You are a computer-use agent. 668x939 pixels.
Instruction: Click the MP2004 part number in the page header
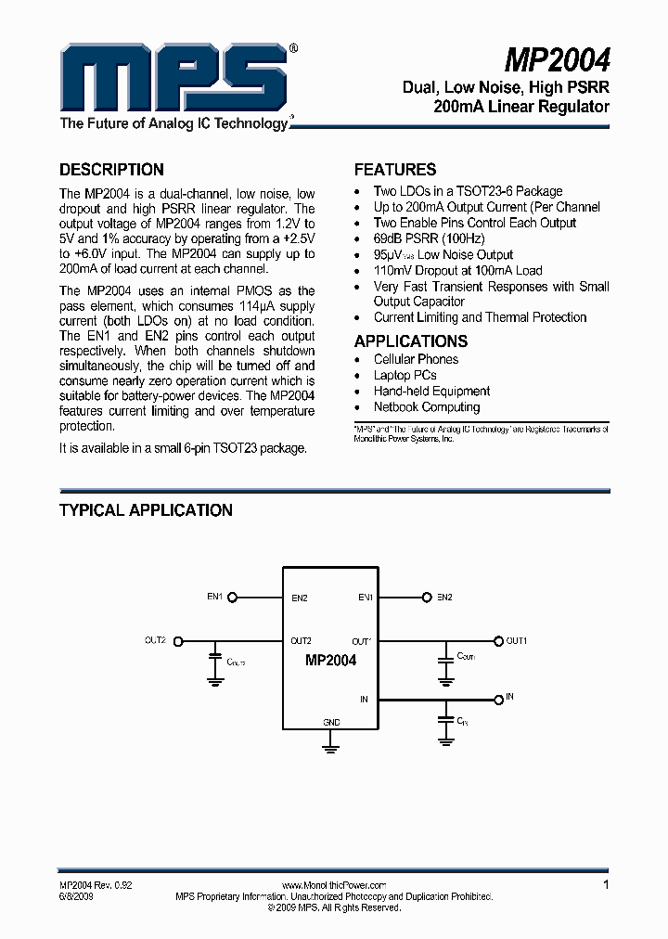[557, 60]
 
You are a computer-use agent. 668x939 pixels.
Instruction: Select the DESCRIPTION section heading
[111, 170]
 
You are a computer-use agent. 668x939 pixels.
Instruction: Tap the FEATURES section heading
[395, 170]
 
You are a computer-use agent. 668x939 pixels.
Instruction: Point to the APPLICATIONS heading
[411, 341]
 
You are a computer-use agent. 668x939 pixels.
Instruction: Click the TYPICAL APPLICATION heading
[146, 510]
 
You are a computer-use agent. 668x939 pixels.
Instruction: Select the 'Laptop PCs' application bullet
[405, 375]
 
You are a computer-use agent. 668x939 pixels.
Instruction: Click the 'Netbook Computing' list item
[427, 406]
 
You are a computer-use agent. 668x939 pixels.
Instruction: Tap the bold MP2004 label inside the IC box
[330, 661]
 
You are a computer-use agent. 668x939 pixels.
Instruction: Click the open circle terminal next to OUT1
[498, 640]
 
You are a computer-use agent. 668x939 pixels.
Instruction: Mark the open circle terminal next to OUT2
[179, 640]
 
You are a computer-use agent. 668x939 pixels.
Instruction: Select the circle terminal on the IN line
[498, 697]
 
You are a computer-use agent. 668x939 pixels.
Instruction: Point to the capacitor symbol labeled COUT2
[215, 662]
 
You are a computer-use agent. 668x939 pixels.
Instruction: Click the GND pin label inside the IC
[330, 722]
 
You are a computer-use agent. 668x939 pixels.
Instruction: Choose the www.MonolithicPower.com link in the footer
[333, 886]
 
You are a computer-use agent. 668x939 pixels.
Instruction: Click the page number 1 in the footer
[606, 885]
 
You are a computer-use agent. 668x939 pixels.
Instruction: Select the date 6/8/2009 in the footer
[78, 897]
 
